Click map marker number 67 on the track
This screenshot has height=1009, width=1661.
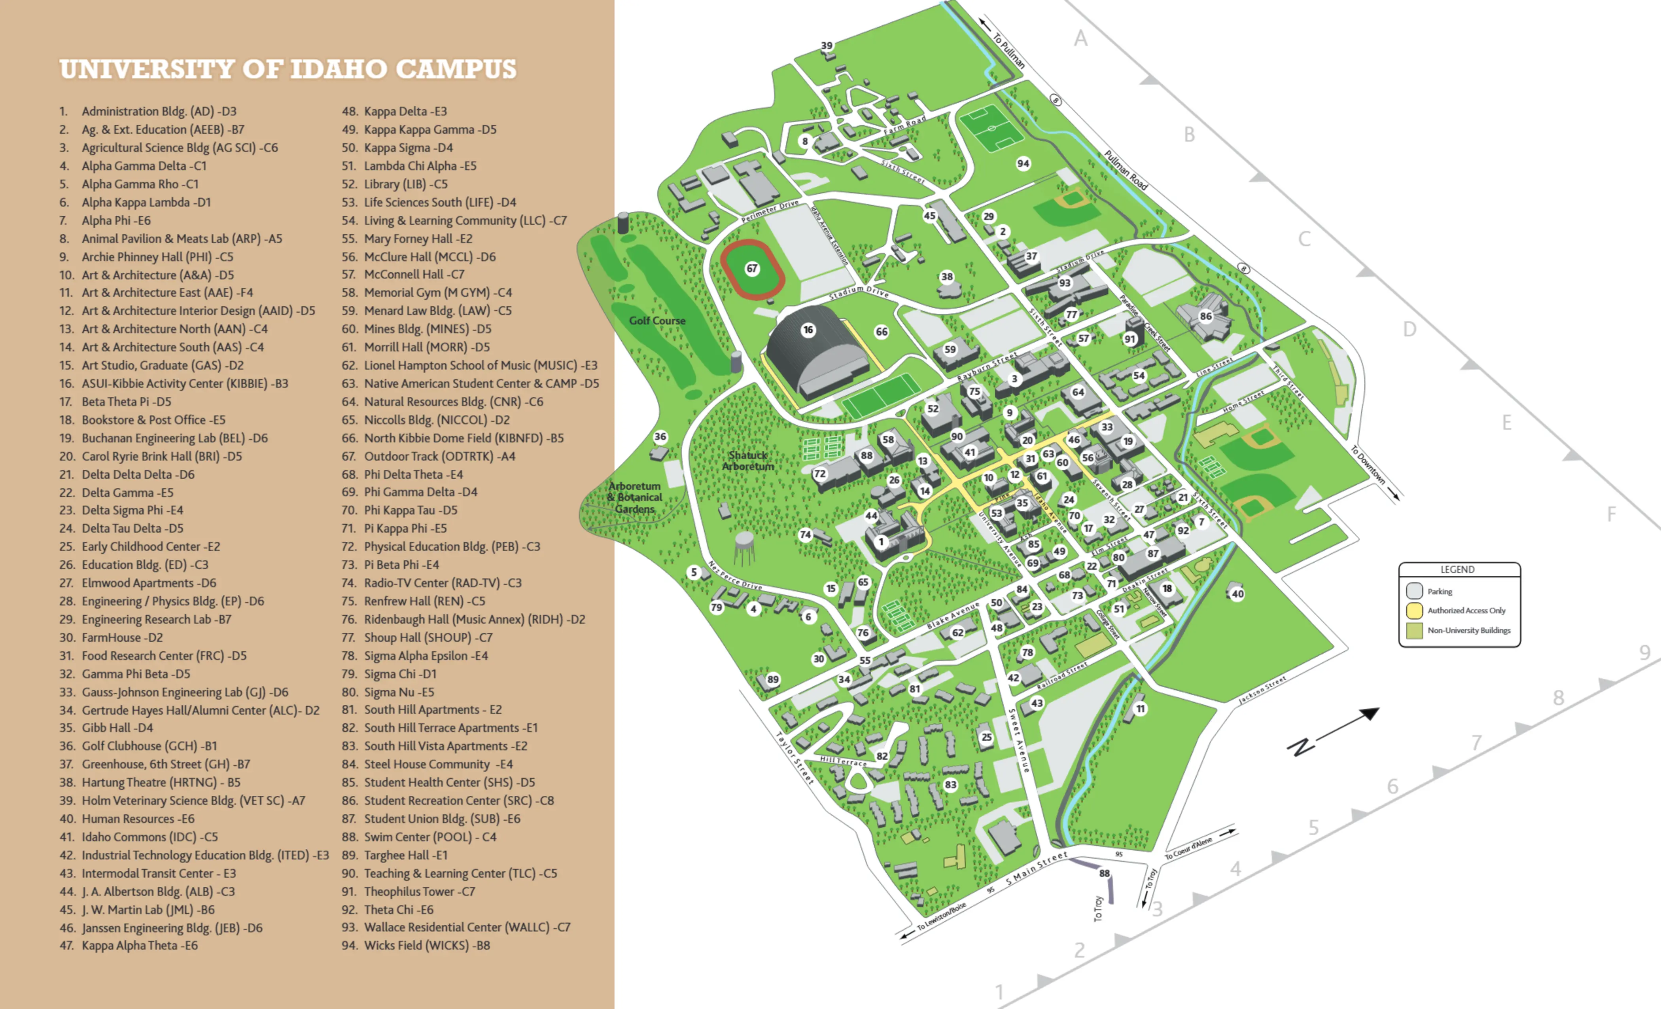coord(752,268)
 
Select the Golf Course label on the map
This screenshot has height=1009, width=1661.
coord(657,321)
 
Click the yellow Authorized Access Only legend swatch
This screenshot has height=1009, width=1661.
coord(1414,611)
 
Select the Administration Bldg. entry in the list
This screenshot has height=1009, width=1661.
coord(159,111)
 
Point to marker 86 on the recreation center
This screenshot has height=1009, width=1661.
coord(1205,316)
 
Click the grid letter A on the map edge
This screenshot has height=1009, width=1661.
coord(1080,38)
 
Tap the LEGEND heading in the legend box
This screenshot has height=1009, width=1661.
coord(1457,569)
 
